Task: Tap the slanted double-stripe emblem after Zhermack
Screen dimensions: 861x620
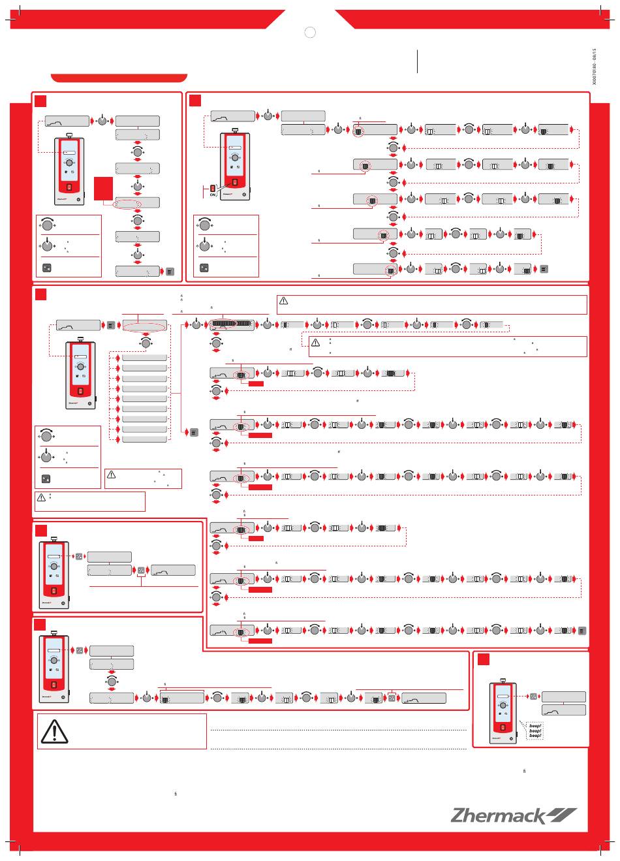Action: [561, 815]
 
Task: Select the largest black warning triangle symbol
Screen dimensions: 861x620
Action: [55, 731]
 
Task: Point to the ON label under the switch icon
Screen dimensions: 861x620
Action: [213, 195]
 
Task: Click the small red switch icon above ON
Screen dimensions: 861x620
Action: [213, 189]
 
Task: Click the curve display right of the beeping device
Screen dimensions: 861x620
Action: [564, 710]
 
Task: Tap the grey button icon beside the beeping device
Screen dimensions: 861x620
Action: [533, 697]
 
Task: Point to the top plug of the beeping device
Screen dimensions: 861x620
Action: [503, 681]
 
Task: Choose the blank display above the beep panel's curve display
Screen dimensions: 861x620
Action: [564, 697]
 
